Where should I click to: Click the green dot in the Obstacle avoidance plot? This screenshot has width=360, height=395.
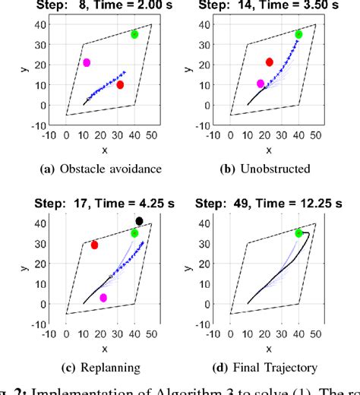click(x=134, y=34)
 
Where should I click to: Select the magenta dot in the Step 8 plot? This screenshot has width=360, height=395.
click(x=87, y=62)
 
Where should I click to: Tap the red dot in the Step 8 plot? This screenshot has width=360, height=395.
click(x=120, y=85)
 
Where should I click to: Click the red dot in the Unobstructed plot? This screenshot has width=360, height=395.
click(x=269, y=62)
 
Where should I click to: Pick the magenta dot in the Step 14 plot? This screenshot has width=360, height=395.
click(x=261, y=84)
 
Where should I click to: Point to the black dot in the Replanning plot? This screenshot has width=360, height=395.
click(x=139, y=221)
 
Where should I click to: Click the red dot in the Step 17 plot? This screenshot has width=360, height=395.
click(x=94, y=245)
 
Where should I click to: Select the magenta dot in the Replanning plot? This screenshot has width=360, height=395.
click(x=103, y=297)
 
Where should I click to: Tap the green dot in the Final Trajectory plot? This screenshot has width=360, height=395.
click(x=298, y=233)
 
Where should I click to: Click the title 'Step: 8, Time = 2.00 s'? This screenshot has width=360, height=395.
click(x=100, y=6)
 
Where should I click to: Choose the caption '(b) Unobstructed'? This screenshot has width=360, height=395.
click(x=264, y=169)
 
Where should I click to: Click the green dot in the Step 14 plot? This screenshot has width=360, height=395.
click(x=298, y=34)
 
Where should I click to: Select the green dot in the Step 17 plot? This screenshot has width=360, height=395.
click(x=134, y=233)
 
